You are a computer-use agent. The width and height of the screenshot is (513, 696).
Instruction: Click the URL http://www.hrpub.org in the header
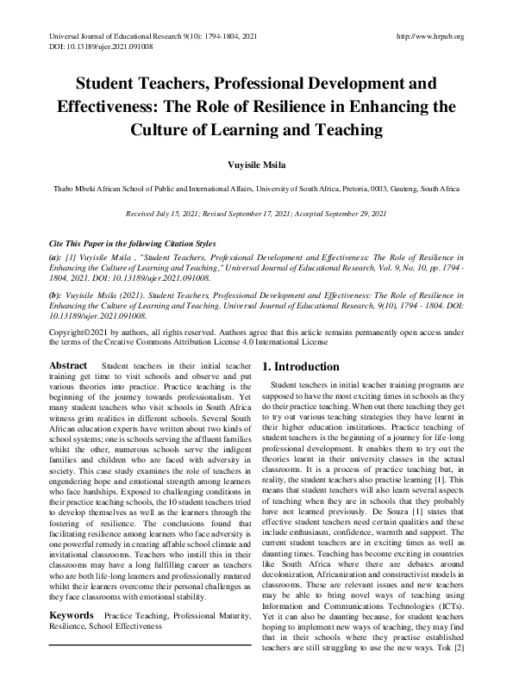point(429,36)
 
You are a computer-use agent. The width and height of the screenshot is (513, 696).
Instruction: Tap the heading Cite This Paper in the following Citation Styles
point(132,243)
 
